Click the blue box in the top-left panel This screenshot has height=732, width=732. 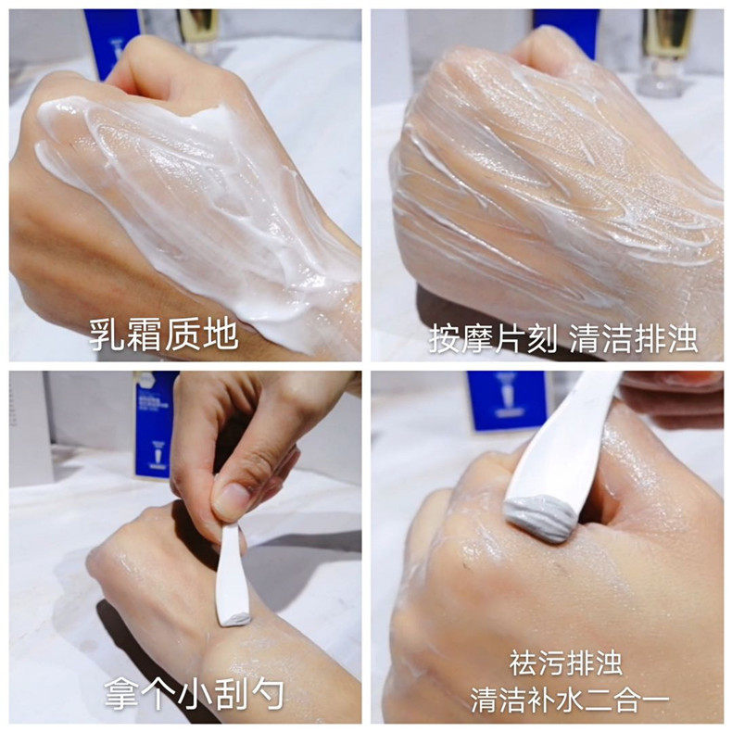[110, 37]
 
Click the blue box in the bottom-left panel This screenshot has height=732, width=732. [155, 422]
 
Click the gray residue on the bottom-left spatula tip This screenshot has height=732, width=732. [237, 617]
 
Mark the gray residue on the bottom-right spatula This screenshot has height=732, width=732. [539, 520]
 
